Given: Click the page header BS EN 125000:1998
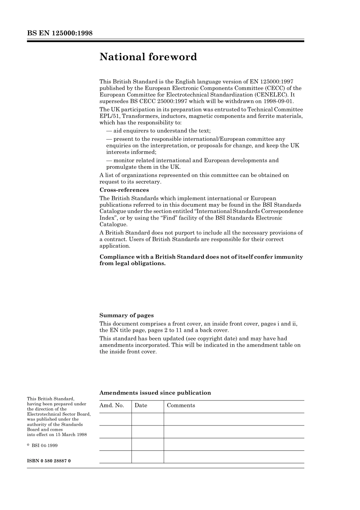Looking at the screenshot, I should click(60, 33).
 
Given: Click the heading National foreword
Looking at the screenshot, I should click(148, 57).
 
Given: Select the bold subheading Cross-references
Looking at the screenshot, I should click(124, 190).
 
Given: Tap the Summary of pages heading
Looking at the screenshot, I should click(127, 315).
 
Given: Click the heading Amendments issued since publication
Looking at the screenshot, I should click(155, 393).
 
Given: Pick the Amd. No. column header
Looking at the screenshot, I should click(112, 405).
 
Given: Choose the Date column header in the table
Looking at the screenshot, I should click(141, 405).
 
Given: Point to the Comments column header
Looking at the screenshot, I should click(181, 405).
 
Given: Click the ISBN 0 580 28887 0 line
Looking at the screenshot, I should click(49, 461).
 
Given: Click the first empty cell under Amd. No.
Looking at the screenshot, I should click(115, 419).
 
